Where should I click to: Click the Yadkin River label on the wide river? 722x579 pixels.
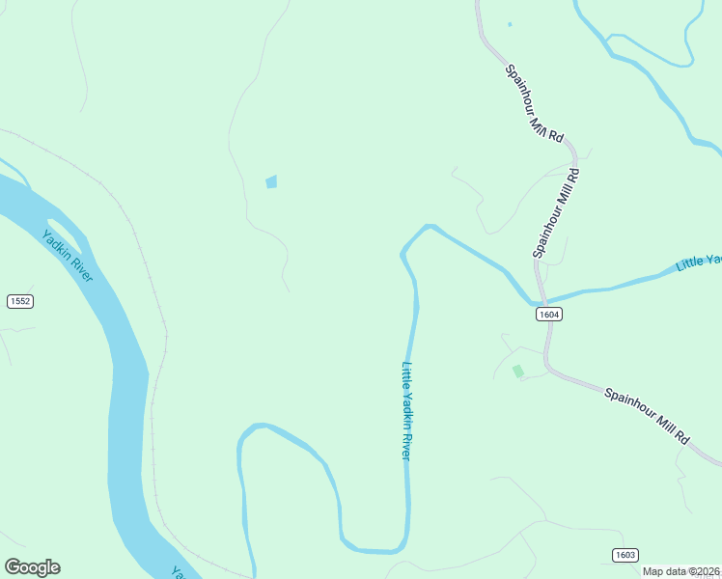(68, 256)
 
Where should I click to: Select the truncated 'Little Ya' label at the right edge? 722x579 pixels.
(699, 262)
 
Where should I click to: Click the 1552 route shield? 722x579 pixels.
(20, 301)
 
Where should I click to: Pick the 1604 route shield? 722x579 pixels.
(548, 314)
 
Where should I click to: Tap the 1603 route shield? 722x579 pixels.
(625, 554)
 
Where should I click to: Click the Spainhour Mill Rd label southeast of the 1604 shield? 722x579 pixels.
(648, 415)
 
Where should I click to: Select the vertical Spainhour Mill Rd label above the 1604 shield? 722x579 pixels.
(556, 212)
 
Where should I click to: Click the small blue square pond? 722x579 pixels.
(271, 181)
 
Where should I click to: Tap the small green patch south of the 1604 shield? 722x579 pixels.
(518, 371)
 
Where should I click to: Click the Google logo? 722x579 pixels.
(32, 566)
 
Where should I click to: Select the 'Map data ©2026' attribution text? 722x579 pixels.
(681, 571)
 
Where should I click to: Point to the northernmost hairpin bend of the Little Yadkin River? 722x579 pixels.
(428, 227)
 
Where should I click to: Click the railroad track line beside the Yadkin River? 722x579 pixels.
(154, 386)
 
